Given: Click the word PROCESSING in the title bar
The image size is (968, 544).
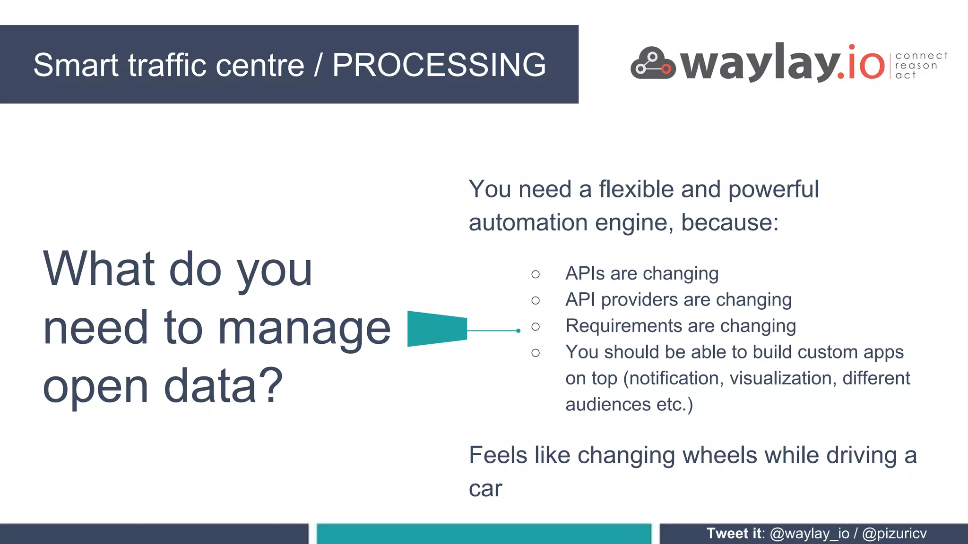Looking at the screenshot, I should click(439, 65).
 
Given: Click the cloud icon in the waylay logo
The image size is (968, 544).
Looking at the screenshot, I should click(653, 63).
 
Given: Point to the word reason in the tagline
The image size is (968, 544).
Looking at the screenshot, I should click(916, 66).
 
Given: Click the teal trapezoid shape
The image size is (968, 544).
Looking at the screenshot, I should click(437, 329).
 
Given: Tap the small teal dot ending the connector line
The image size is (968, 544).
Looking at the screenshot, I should click(519, 331).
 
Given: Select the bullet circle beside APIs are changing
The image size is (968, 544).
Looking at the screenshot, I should click(535, 274).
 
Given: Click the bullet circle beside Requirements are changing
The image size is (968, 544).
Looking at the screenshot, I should click(535, 327).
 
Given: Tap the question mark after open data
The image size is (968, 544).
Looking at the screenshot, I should click(273, 385).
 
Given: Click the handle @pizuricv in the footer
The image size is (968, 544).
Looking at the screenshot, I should click(894, 534).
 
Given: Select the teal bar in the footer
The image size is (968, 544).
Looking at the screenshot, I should click(484, 534).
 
